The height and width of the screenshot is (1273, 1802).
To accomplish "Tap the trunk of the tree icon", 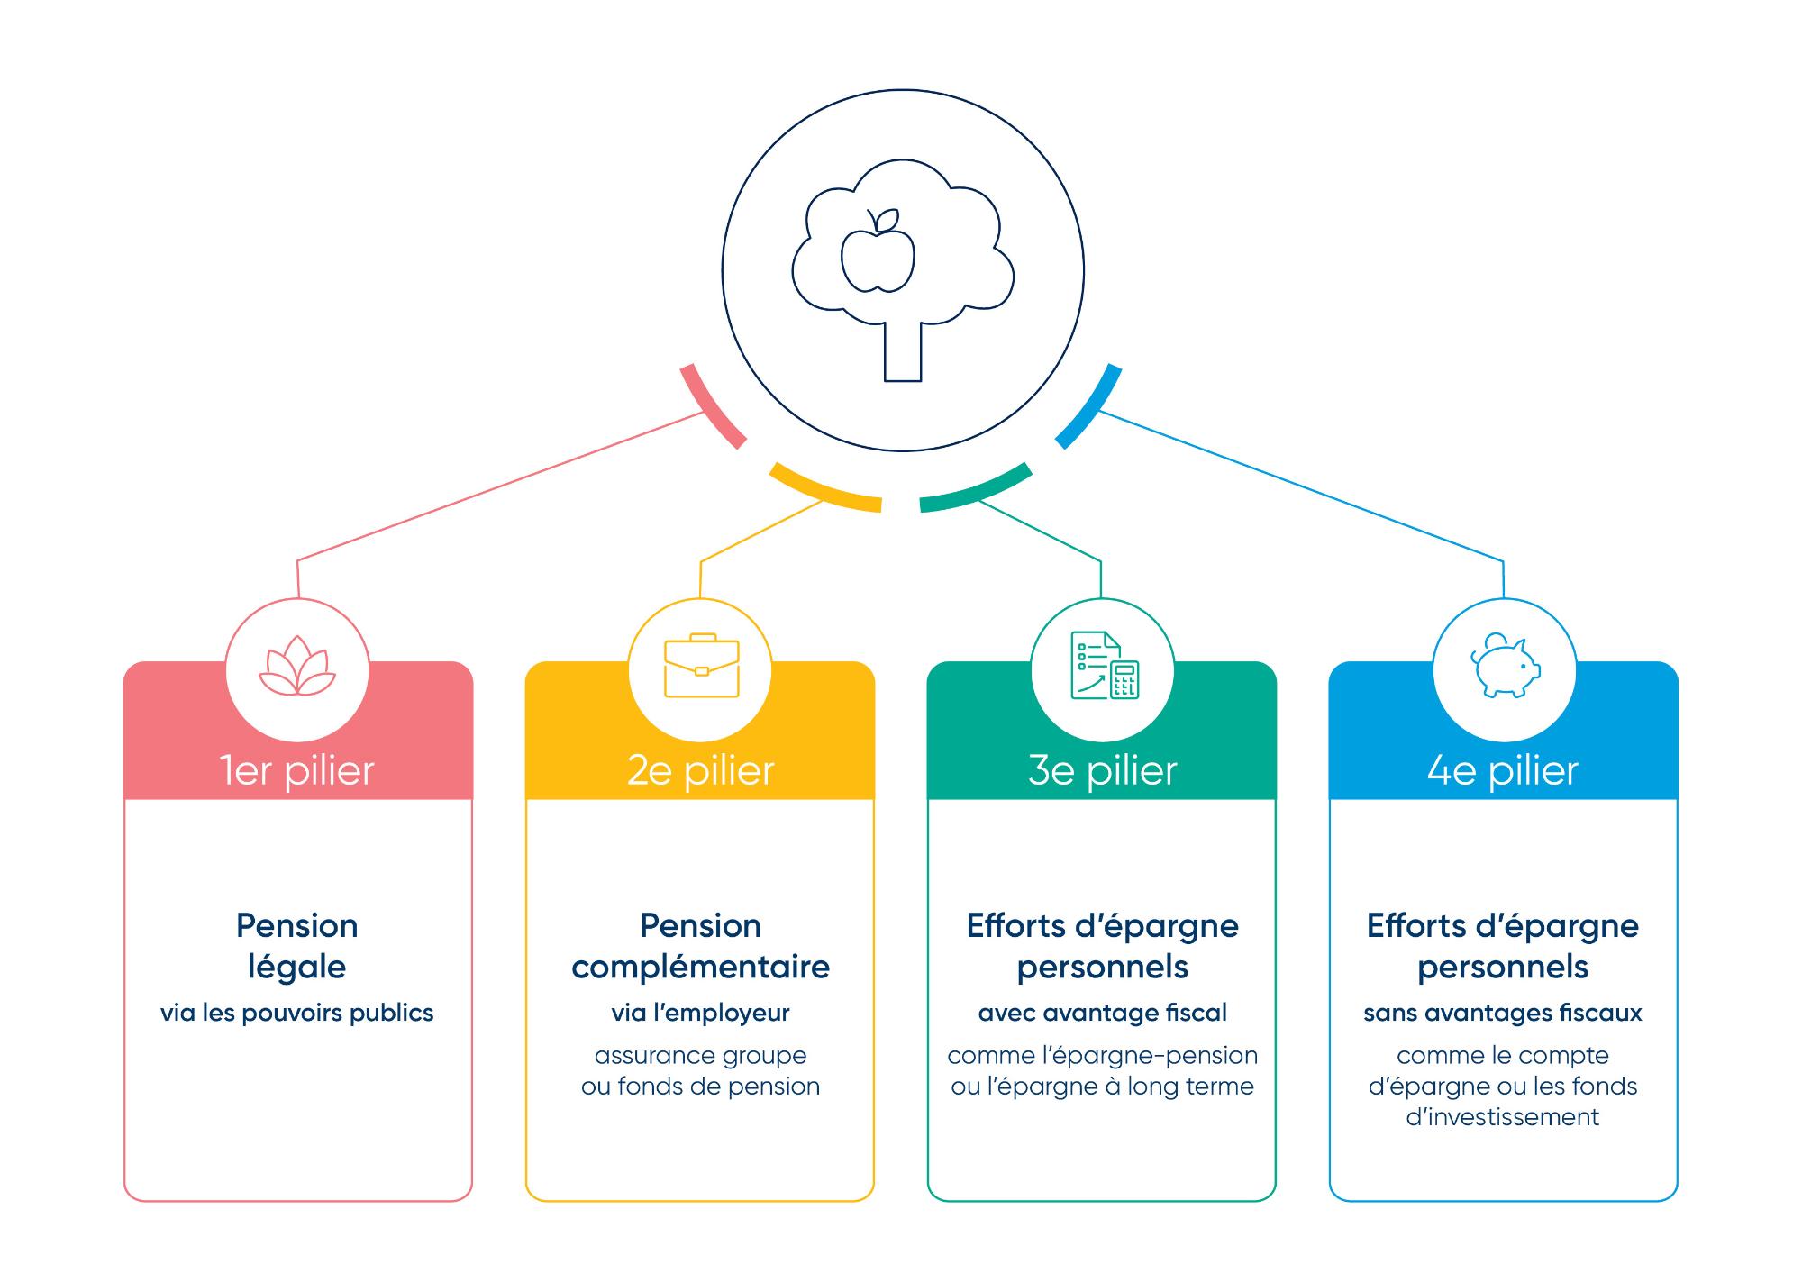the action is click(903, 351).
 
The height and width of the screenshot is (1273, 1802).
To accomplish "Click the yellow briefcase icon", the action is click(701, 666).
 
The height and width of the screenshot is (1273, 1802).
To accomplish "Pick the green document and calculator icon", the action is click(1104, 666).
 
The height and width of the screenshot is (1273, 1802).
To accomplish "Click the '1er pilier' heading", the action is click(296, 771).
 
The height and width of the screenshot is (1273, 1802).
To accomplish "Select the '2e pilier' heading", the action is click(700, 771).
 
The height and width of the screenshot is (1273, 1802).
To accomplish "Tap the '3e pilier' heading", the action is click(1102, 771).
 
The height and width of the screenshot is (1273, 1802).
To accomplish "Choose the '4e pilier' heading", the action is click(1503, 771).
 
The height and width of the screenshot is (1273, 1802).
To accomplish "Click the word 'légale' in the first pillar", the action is click(296, 968).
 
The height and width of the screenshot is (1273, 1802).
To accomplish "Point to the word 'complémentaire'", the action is click(700, 968).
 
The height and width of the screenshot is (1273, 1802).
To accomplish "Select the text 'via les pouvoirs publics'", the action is click(296, 1014).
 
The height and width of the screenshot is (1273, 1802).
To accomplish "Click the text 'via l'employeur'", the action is click(700, 1014).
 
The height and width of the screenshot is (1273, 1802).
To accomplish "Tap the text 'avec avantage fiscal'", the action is click(1102, 1014).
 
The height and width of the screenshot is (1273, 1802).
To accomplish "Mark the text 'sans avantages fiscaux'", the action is click(1503, 1014).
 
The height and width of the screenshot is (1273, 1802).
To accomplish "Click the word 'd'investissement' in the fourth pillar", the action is click(1503, 1117).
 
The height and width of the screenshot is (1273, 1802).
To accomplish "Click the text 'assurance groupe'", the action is click(700, 1056).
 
